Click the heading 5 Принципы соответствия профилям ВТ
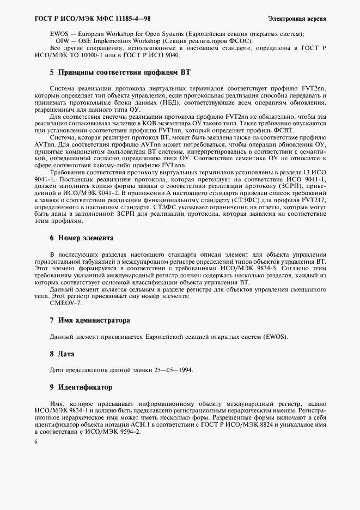pos(120,72)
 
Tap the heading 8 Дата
pos(62,354)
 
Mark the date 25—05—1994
pos(168,371)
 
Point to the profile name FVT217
pos(314,201)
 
